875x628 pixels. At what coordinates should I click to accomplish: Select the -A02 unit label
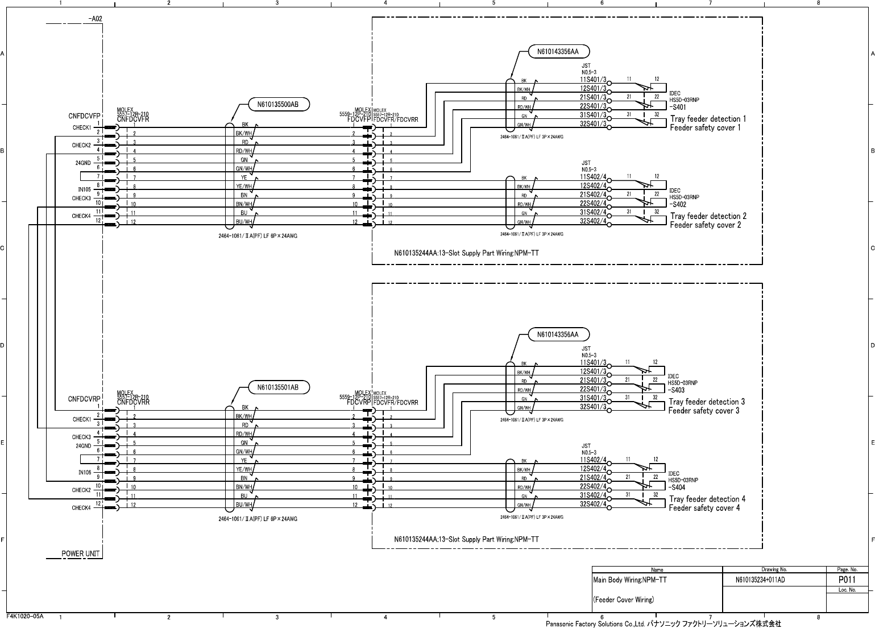[95, 19]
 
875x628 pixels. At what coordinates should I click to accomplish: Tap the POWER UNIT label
[81, 553]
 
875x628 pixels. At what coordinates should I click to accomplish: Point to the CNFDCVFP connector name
[85, 116]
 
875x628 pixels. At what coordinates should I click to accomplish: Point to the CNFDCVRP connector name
[85, 399]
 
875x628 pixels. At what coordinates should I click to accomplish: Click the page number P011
[847, 580]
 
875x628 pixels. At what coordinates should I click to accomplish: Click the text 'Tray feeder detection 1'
[708, 119]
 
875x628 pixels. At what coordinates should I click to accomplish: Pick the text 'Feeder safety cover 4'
[704, 507]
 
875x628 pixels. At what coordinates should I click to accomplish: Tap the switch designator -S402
[677, 204]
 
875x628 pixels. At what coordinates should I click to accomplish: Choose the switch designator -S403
[676, 390]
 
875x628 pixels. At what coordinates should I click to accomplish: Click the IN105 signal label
[84, 189]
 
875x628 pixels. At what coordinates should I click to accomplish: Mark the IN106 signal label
[84, 472]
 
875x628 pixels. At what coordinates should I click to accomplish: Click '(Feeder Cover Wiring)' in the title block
[623, 600]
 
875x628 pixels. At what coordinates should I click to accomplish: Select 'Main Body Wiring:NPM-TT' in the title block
[629, 580]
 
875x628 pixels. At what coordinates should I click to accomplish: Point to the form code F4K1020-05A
[25, 616]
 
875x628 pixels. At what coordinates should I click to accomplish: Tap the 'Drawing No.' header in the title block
[774, 569]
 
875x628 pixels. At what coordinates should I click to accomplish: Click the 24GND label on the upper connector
[83, 163]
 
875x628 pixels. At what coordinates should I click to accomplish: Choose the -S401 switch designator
[677, 107]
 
